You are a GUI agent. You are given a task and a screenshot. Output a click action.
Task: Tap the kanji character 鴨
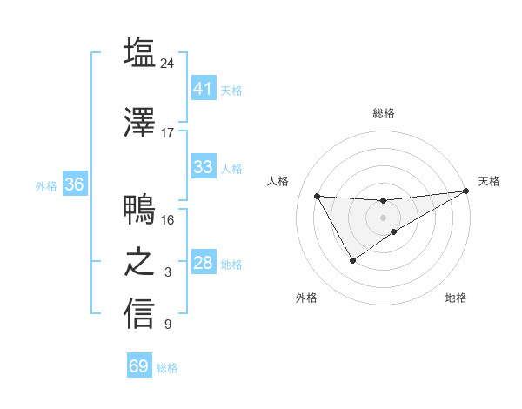coord(139,210)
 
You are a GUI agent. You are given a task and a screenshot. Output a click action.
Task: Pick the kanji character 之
coord(139,263)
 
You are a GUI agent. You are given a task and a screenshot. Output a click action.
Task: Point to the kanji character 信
coord(139,314)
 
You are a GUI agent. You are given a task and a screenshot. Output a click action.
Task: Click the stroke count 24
coord(168,64)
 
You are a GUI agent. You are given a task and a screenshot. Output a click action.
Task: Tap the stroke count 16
coord(168,219)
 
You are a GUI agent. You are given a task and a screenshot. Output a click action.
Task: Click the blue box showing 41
coord(203,88)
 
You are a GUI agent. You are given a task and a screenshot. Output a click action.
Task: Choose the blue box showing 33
coord(203,167)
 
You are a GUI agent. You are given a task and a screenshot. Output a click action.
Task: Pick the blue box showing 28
coord(203,263)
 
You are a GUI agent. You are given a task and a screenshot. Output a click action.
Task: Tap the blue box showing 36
coord(75,184)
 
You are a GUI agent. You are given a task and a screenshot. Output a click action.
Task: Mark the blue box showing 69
coord(139,366)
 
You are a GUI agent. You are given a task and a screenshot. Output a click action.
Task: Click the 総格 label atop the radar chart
coord(384,113)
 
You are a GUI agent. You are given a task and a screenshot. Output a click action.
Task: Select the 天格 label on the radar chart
coord(489,181)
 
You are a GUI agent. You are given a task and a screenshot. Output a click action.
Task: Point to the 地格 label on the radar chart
coord(456,298)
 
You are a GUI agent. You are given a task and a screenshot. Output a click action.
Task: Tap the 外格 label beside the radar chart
coord(306,298)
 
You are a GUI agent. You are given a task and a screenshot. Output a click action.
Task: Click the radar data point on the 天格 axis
coord(466,191)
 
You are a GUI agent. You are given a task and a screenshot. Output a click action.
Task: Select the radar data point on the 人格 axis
coord(317,196)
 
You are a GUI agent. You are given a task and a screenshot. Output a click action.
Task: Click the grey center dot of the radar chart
coord(384,218)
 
